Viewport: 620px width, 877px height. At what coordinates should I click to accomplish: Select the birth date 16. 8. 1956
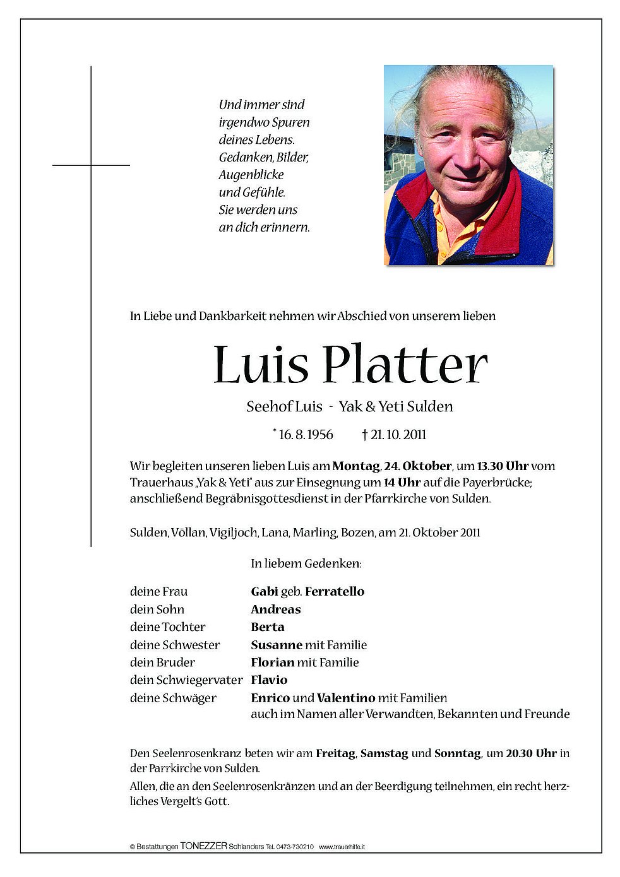tap(306, 434)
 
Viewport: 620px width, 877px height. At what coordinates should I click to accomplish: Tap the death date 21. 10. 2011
tap(398, 434)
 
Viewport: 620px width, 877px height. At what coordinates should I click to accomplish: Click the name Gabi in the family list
tap(265, 591)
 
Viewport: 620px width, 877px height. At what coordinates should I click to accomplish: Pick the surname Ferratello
tap(335, 591)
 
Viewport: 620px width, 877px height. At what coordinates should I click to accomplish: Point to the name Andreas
tap(276, 609)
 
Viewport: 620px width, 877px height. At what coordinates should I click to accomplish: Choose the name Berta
tap(268, 627)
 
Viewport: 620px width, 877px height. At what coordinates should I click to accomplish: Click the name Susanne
tap(277, 645)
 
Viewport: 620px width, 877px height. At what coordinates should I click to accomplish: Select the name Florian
tap(273, 662)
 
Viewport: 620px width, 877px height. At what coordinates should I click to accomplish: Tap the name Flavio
tap(269, 680)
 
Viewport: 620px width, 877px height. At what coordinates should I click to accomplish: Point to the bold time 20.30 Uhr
tap(531, 753)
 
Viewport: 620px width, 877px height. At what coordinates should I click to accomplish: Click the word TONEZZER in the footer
tap(203, 846)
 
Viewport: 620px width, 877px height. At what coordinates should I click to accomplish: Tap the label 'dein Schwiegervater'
tap(186, 680)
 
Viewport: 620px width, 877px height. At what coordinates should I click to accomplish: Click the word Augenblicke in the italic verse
tap(251, 175)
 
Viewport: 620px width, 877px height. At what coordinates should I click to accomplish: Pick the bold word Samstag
tap(384, 753)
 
